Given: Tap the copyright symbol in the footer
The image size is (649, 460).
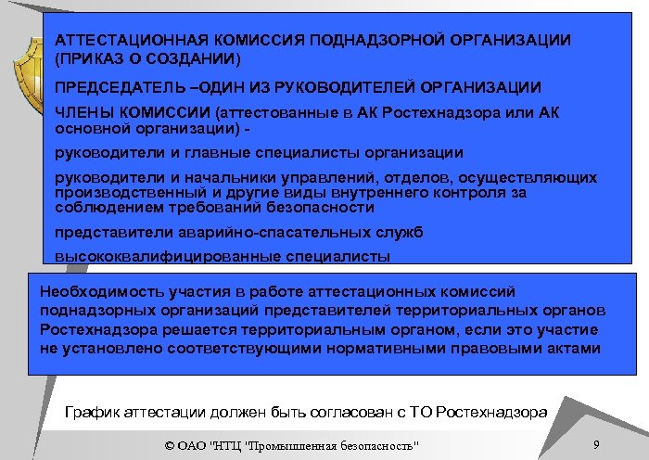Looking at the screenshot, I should click(x=169, y=446).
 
